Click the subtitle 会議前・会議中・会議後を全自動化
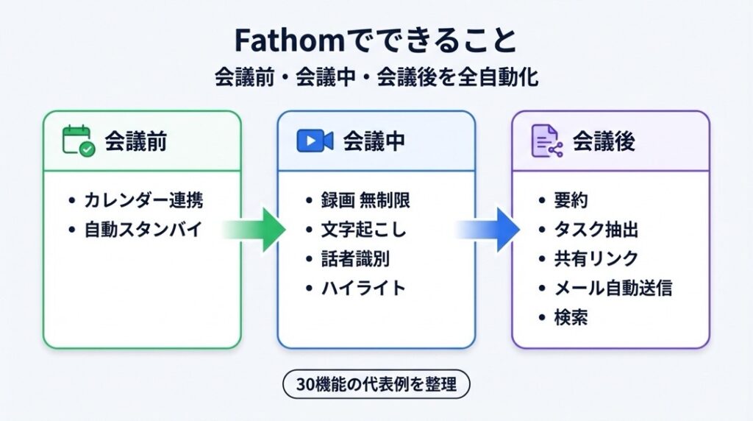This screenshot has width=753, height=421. click(x=376, y=78)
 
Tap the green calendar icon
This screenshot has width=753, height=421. click(x=77, y=141)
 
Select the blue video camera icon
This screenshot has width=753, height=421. click(x=315, y=141)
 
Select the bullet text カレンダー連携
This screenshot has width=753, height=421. click(x=143, y=200)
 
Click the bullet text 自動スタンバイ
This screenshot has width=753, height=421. click(x=143, y=230)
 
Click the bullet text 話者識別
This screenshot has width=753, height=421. click(x=355, y=258)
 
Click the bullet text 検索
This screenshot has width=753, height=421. click(x=571, y=317)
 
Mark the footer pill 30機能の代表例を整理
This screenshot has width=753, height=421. click(x=376, y=383)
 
